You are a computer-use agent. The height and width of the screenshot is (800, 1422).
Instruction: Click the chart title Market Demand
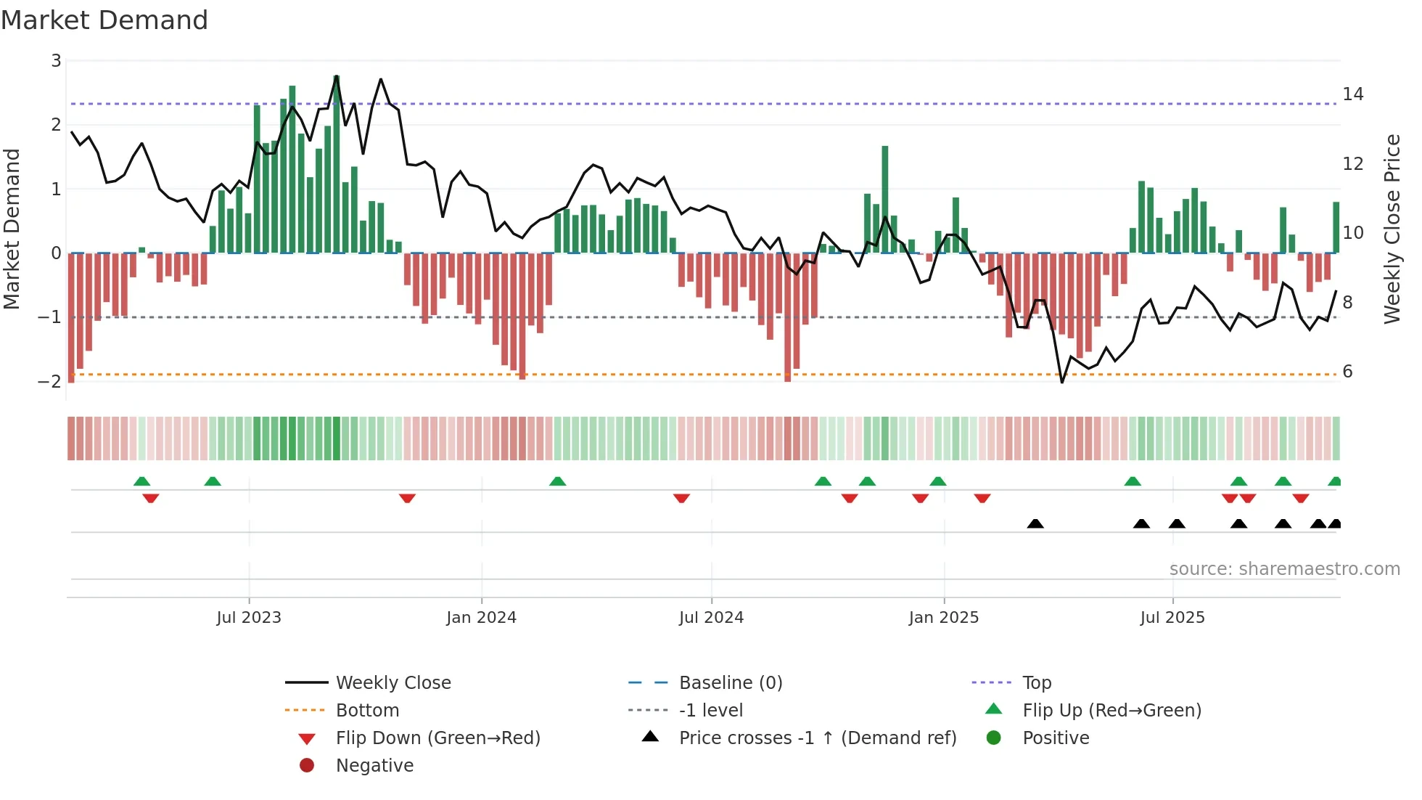[104, 20]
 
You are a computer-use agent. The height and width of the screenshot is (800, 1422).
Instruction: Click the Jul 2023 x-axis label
[249, 618]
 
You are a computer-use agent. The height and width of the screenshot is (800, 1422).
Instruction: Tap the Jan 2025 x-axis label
[943, 618]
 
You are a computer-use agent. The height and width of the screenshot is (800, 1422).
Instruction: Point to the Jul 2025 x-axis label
[1172, 618]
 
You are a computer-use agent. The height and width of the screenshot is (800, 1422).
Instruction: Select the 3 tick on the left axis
[56, 61]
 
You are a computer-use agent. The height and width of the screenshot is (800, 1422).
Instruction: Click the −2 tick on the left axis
[50, 382]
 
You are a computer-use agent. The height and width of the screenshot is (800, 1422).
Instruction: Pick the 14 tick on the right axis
[1352, 94]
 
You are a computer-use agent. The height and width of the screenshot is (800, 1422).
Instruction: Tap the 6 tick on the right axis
[1347, 372]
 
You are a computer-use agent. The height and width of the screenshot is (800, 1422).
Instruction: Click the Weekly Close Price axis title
[1392, 229]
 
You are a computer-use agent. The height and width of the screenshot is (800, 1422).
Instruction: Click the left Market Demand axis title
[12, 229]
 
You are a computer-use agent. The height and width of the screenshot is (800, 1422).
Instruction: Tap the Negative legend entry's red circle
[307, 766]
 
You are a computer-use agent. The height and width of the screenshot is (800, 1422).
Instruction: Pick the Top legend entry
[1037, 683]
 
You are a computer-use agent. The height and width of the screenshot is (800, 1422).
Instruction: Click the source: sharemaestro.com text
[1284, 569]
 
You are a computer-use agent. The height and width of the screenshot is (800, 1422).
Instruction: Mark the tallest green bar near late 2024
[884, 199]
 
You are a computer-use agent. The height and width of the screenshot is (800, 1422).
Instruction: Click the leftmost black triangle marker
[1035, 524]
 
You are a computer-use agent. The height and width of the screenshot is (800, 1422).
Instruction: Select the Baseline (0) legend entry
[730, 683]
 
